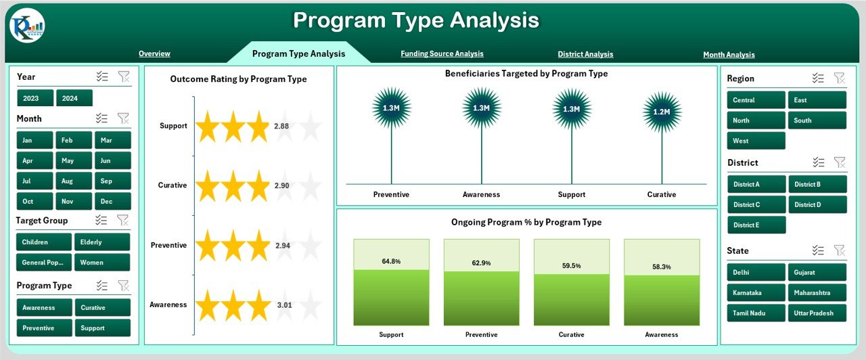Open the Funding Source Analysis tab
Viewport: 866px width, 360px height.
(x=442, y=53)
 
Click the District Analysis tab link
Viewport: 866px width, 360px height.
(x=585, y=54)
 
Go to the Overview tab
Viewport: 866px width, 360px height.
(x=154, y=53)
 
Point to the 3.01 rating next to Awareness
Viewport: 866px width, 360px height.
(x=284, y=305)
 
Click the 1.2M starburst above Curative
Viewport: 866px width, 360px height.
(x=662, y=112)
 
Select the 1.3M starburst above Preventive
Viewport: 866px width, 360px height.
(x=391, y=108)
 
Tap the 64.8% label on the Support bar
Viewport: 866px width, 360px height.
(x=391, y=261)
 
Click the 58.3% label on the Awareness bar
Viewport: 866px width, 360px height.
(x=662, y=267)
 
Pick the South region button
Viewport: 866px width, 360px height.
(x=817, y=120)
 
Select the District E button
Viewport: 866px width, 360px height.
(x=756, y=225)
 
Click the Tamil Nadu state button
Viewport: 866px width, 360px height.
(x=756, y=313)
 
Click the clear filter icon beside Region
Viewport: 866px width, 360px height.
(x=839, y=78)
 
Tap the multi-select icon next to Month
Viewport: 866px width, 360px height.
(x=102, y=118)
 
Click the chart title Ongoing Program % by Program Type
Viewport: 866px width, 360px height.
(x=526, y=222)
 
